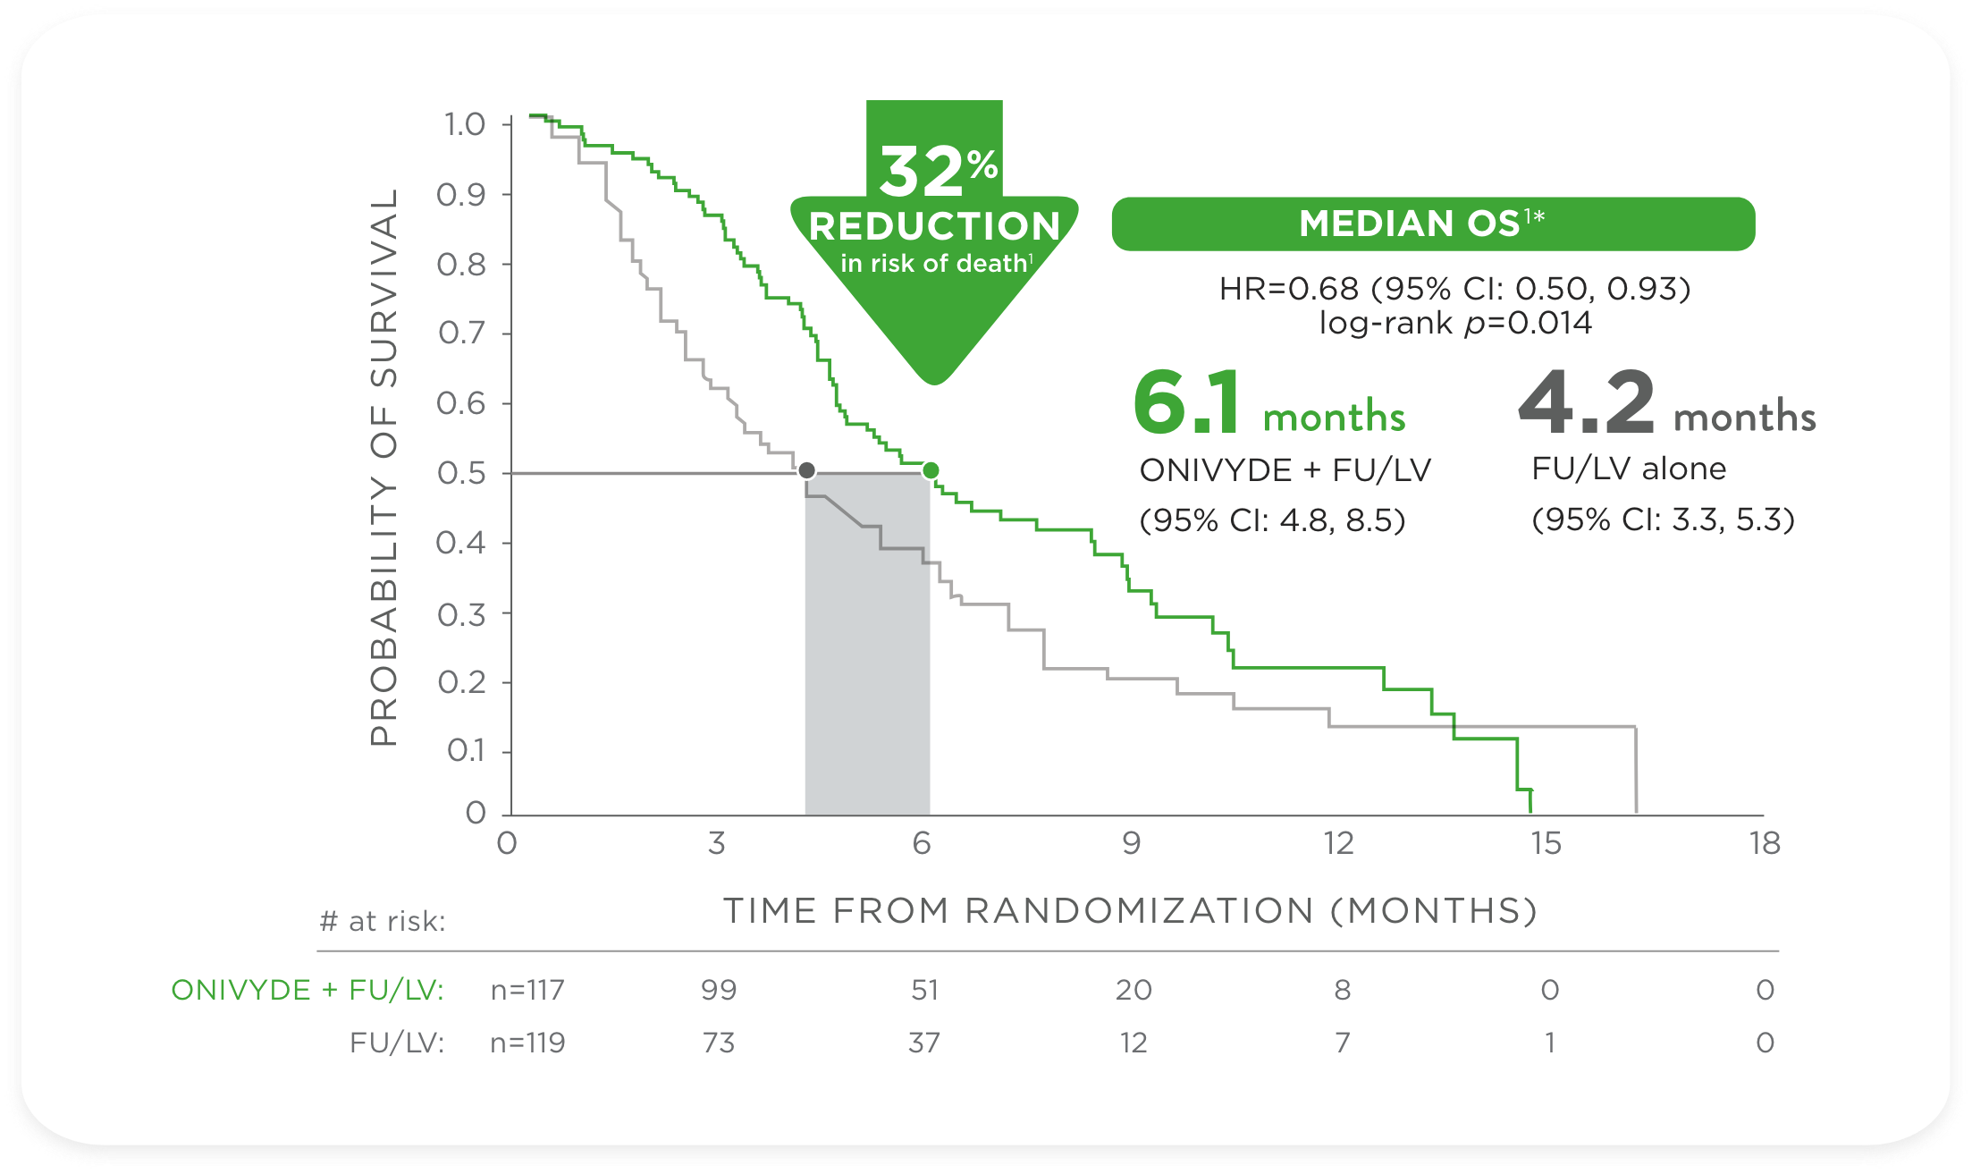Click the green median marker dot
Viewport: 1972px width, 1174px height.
point(931,470)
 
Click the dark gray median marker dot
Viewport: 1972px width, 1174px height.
point(806,470)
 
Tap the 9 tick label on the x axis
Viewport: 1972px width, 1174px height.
point(1132,843)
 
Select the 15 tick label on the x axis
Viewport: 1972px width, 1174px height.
point(1546,843)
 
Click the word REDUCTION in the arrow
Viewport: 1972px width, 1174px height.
point(934,227)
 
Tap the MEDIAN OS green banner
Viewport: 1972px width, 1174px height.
point(1433,224)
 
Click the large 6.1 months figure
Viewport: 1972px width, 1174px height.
point(1269,404)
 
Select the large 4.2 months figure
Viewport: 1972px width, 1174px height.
point(1666,404)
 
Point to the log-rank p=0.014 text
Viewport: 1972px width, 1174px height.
point(1455,323)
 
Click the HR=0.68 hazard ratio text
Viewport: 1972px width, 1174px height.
point(1455,289)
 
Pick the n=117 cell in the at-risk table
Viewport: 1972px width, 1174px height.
point(527,990)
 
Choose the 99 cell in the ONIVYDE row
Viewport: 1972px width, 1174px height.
point(719,990)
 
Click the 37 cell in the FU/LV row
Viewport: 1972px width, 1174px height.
point(924,1043)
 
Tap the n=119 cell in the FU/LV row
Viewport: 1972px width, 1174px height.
point(527,1043)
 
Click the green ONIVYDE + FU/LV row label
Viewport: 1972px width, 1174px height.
point(308,990)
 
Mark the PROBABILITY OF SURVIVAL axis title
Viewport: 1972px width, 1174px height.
point(383,467)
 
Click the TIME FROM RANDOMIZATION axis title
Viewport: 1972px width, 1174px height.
point(1130,910)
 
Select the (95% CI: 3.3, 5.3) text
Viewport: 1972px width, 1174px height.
point(1663,519)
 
